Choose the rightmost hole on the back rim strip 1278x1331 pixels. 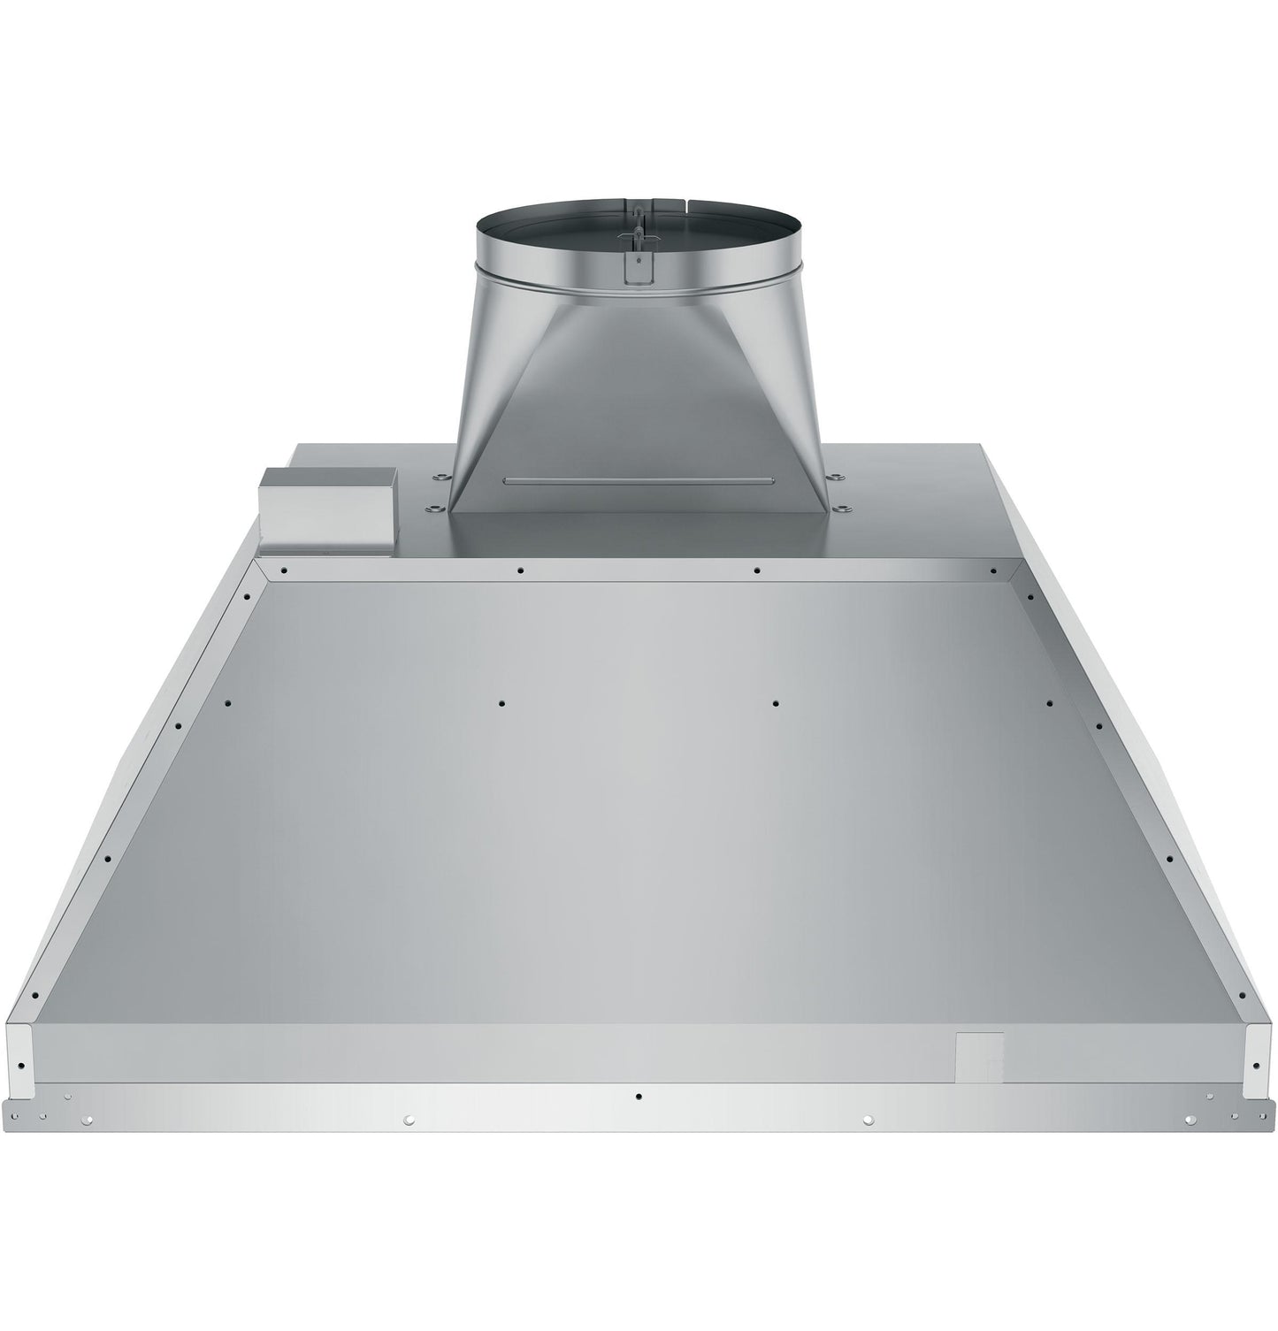(992, 570)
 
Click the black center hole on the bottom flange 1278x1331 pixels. (639, 1096)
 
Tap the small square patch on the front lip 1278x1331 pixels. (979, 1057)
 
